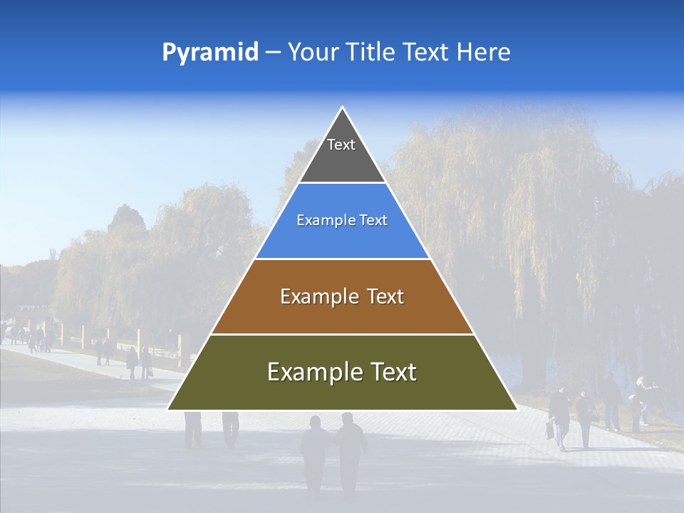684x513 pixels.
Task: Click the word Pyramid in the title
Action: click(x=209, y=53)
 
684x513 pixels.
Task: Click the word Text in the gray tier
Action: click(x=341, y=145)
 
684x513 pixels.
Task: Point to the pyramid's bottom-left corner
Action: click(x=169, y=409)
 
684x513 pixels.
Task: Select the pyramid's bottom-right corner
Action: click(x=516, y=409)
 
